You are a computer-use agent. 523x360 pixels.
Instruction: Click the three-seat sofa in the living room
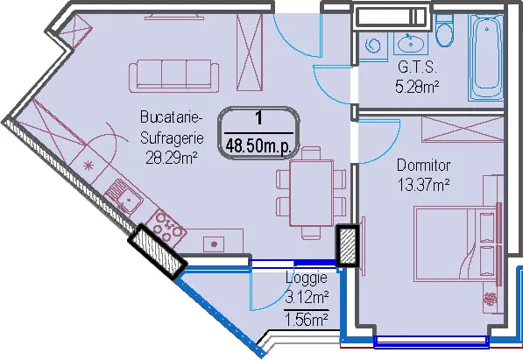point(173,76)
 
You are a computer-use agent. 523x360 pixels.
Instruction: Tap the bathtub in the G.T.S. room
point(486,57)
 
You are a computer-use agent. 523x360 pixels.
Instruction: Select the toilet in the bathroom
point(445,31)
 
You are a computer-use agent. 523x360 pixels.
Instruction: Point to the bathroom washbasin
point(410,43)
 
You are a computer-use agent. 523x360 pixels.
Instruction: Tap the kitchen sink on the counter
point(124,197)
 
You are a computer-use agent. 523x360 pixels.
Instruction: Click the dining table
point(312,194)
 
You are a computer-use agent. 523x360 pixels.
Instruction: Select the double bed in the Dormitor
point(457,244)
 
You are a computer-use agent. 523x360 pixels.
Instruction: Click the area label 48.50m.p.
point(258,145)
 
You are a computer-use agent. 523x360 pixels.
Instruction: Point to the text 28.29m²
point(172,158)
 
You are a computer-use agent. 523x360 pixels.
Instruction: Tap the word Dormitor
point(423,166)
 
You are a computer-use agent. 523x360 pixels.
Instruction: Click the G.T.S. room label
point(417,67)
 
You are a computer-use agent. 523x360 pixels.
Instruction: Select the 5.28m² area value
point(417,87)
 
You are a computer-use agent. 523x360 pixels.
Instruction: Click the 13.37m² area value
point(424,185)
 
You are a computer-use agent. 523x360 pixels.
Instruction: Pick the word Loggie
point(307,278)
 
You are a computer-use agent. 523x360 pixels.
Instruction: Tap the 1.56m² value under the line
point(307,321)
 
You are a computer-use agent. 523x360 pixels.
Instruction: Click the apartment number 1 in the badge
point(258,118)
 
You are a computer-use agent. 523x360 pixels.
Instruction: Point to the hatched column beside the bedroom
point(347,246)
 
